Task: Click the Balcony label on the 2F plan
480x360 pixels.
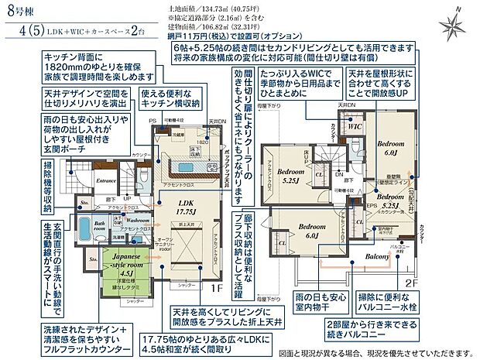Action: click(x=377, y=256)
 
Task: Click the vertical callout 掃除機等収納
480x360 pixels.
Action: click(x=48, y=182)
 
